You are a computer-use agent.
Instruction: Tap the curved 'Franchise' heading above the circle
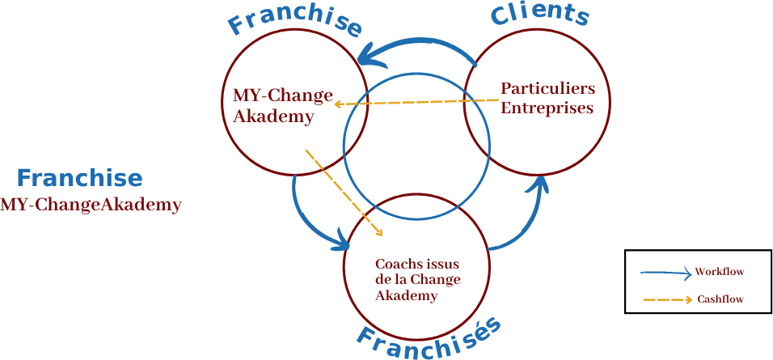294,22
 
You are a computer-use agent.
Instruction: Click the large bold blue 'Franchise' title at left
79,178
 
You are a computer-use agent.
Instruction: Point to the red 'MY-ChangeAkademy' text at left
91,205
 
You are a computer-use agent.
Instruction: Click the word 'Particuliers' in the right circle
547,87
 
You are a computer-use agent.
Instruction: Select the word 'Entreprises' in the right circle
547,108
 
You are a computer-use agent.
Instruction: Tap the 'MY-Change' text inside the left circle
283,96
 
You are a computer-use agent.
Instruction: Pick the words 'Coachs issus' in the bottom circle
421,264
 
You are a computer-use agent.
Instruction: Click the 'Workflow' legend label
719,272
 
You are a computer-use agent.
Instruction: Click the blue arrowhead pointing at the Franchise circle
369,54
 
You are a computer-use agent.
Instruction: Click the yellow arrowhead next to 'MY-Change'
340,104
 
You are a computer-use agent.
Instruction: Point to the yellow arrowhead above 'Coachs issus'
378,233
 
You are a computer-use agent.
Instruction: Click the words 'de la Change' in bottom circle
417,280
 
